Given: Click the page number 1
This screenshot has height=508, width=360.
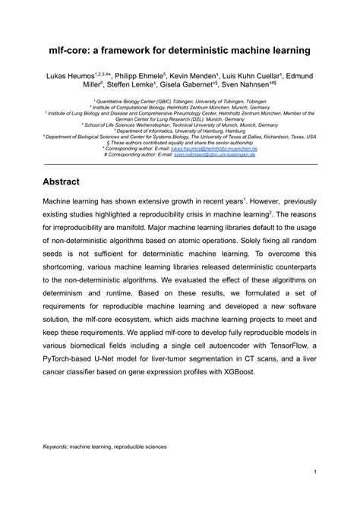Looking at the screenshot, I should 314,491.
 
